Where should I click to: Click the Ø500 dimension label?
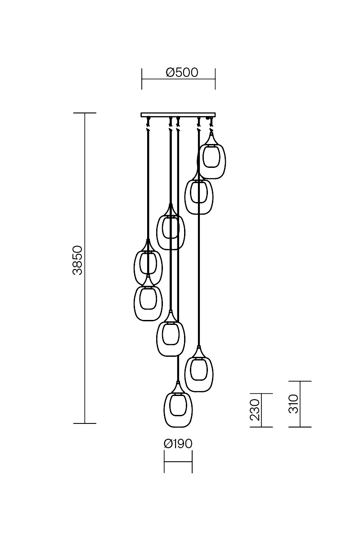[x=182, y=72]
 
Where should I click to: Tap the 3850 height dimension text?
[x=78, y=261]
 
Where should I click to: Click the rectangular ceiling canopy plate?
[x=178, y=115]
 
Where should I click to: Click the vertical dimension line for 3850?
[x=85, y=268]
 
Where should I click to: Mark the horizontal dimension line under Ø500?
[x=179, y=79]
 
